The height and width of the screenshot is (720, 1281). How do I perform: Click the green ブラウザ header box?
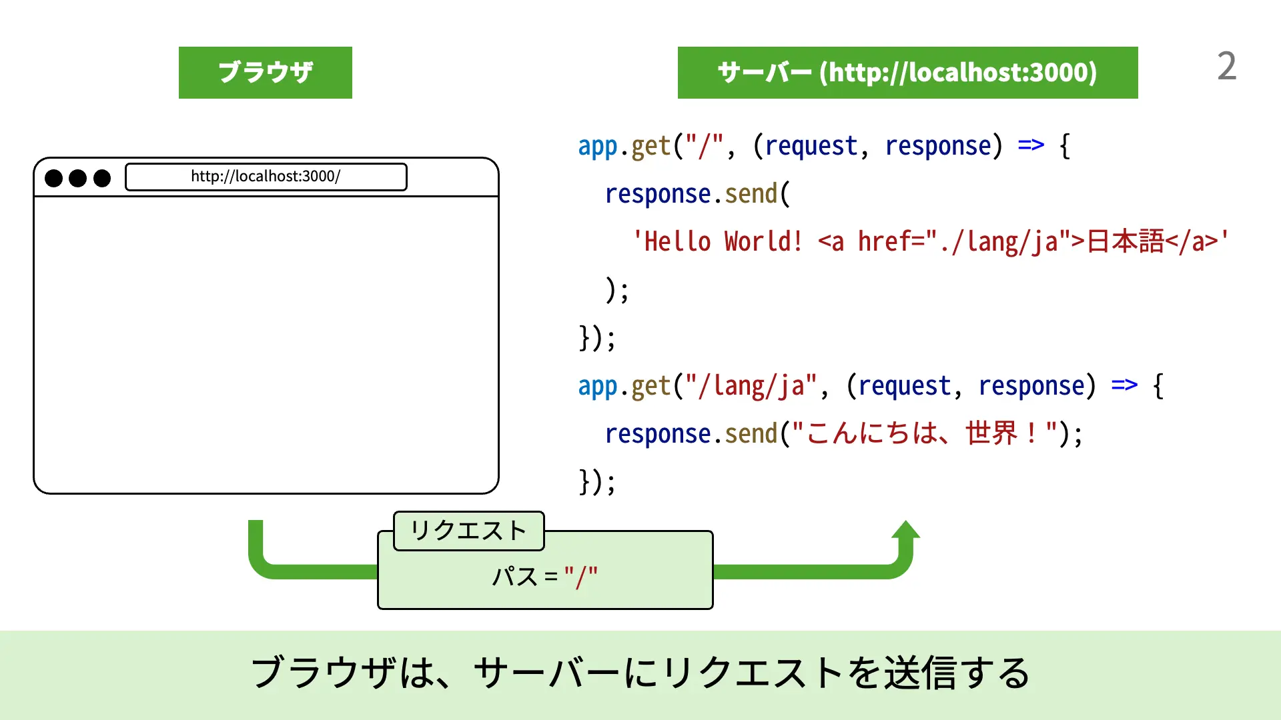[x=265, y=73]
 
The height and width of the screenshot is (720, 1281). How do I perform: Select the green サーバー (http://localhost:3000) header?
[x=907, y=73]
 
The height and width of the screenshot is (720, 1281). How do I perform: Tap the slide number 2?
[x=1226, y=67]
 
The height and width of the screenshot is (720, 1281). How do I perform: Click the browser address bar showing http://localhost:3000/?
[x=266, y=177]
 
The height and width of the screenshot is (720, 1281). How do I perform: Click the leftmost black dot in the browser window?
[x=53, y=178]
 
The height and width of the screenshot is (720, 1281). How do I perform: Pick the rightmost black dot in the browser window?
[x=102, y=178]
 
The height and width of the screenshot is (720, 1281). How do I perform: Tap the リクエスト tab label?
[x=468, y=531]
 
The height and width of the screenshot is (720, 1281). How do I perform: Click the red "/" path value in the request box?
[x=580, y=577]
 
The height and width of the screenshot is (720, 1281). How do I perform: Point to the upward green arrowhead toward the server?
[x=905, y=530]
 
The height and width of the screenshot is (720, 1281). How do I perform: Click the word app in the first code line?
[x=597, y=146]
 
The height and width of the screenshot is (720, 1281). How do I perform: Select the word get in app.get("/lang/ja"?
[x=651, y=386]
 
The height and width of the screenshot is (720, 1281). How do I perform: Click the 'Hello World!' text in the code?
[x=717, y=241]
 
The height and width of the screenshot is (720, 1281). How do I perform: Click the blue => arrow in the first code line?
[x=1031, y=145]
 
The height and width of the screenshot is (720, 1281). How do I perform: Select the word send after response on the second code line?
[x=751, y=194]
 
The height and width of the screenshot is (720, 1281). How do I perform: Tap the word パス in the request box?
[x=514, y=577]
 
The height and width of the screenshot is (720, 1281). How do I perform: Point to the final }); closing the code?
[x=596, y=482]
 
